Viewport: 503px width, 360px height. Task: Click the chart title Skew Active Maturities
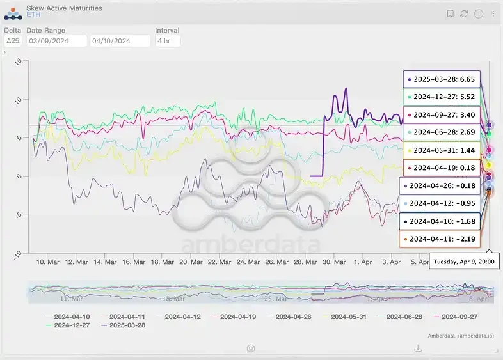coord(64,8)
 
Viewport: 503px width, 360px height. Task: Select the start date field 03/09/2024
coord(56,41)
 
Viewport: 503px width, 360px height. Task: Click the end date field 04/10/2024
coord(120,41)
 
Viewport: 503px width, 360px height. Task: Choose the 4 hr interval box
coord(168,41)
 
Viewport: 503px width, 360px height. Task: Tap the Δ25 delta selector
coord(12,41)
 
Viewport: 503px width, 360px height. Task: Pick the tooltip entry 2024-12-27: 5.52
coord(441,97)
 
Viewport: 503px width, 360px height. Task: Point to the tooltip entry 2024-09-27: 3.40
coord(441,114)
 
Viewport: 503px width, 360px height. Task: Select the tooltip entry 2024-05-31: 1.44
coord(441,150)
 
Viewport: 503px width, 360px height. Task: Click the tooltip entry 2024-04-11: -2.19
coord(441,239)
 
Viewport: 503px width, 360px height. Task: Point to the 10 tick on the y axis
coord(19,100)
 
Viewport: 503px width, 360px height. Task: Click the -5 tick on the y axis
coord(19,215)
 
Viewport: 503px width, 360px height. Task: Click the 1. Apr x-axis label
coord(363,262)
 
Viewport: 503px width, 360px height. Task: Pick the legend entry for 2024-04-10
coord(70,317)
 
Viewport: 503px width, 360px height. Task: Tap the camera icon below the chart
coord(251,348)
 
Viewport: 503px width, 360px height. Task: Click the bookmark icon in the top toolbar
coord(451,13)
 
